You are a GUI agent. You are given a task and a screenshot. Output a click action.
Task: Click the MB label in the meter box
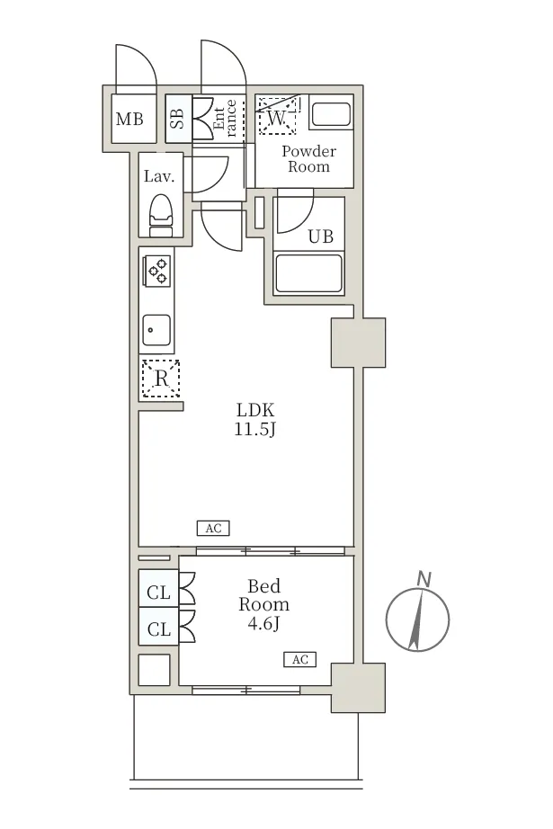[x=129, y=119]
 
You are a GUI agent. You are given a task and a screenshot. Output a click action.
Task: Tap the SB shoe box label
[x=178, y=119]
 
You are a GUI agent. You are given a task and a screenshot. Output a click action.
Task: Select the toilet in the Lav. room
[x=161, y=215]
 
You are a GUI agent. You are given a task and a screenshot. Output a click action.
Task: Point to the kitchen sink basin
[x=156, y=330]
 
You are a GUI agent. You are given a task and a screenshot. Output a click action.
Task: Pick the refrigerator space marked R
[x=161, y=379]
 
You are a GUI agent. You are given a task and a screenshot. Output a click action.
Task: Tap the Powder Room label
[x=308, y=158]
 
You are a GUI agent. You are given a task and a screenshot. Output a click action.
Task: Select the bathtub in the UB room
[x=308, y=273]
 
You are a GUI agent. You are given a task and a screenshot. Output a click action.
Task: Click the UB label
[x=321, y=236]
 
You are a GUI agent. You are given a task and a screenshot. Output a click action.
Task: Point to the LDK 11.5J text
[x=255, y=419]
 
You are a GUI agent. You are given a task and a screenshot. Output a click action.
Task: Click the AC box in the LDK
[x=213, y=528]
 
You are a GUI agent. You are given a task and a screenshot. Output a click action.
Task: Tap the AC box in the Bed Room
[x=299, y=659]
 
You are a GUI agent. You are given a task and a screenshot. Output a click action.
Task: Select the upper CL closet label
[x=158, y=593]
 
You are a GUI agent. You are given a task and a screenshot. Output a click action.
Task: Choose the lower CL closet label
[x=158, y=629]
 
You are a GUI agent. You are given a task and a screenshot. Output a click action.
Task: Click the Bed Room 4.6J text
[x=263, y=604]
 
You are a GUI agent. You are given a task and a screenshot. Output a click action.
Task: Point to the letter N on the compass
[x=424, y=579]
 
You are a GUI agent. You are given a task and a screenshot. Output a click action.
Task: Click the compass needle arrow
[x=417, y=620]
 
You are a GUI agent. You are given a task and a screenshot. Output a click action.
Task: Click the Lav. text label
[x=159, y=176]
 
